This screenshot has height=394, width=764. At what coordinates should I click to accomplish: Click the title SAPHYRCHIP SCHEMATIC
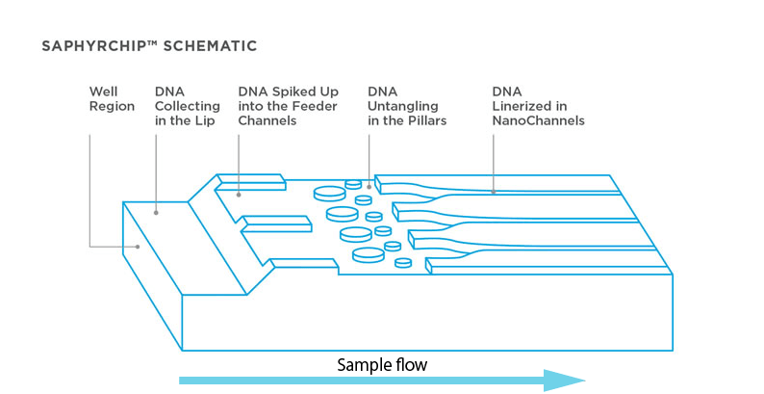148,45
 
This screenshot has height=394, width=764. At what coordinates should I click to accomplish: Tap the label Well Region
112,99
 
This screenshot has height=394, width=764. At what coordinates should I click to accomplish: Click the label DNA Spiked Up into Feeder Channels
288,106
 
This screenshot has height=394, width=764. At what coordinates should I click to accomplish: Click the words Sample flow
381,365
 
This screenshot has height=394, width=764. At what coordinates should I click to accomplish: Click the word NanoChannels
538,121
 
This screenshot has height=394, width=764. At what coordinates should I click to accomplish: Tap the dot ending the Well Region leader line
140,247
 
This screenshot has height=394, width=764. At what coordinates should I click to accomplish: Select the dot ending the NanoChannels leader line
494,193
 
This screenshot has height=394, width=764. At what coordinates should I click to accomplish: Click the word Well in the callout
103,92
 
